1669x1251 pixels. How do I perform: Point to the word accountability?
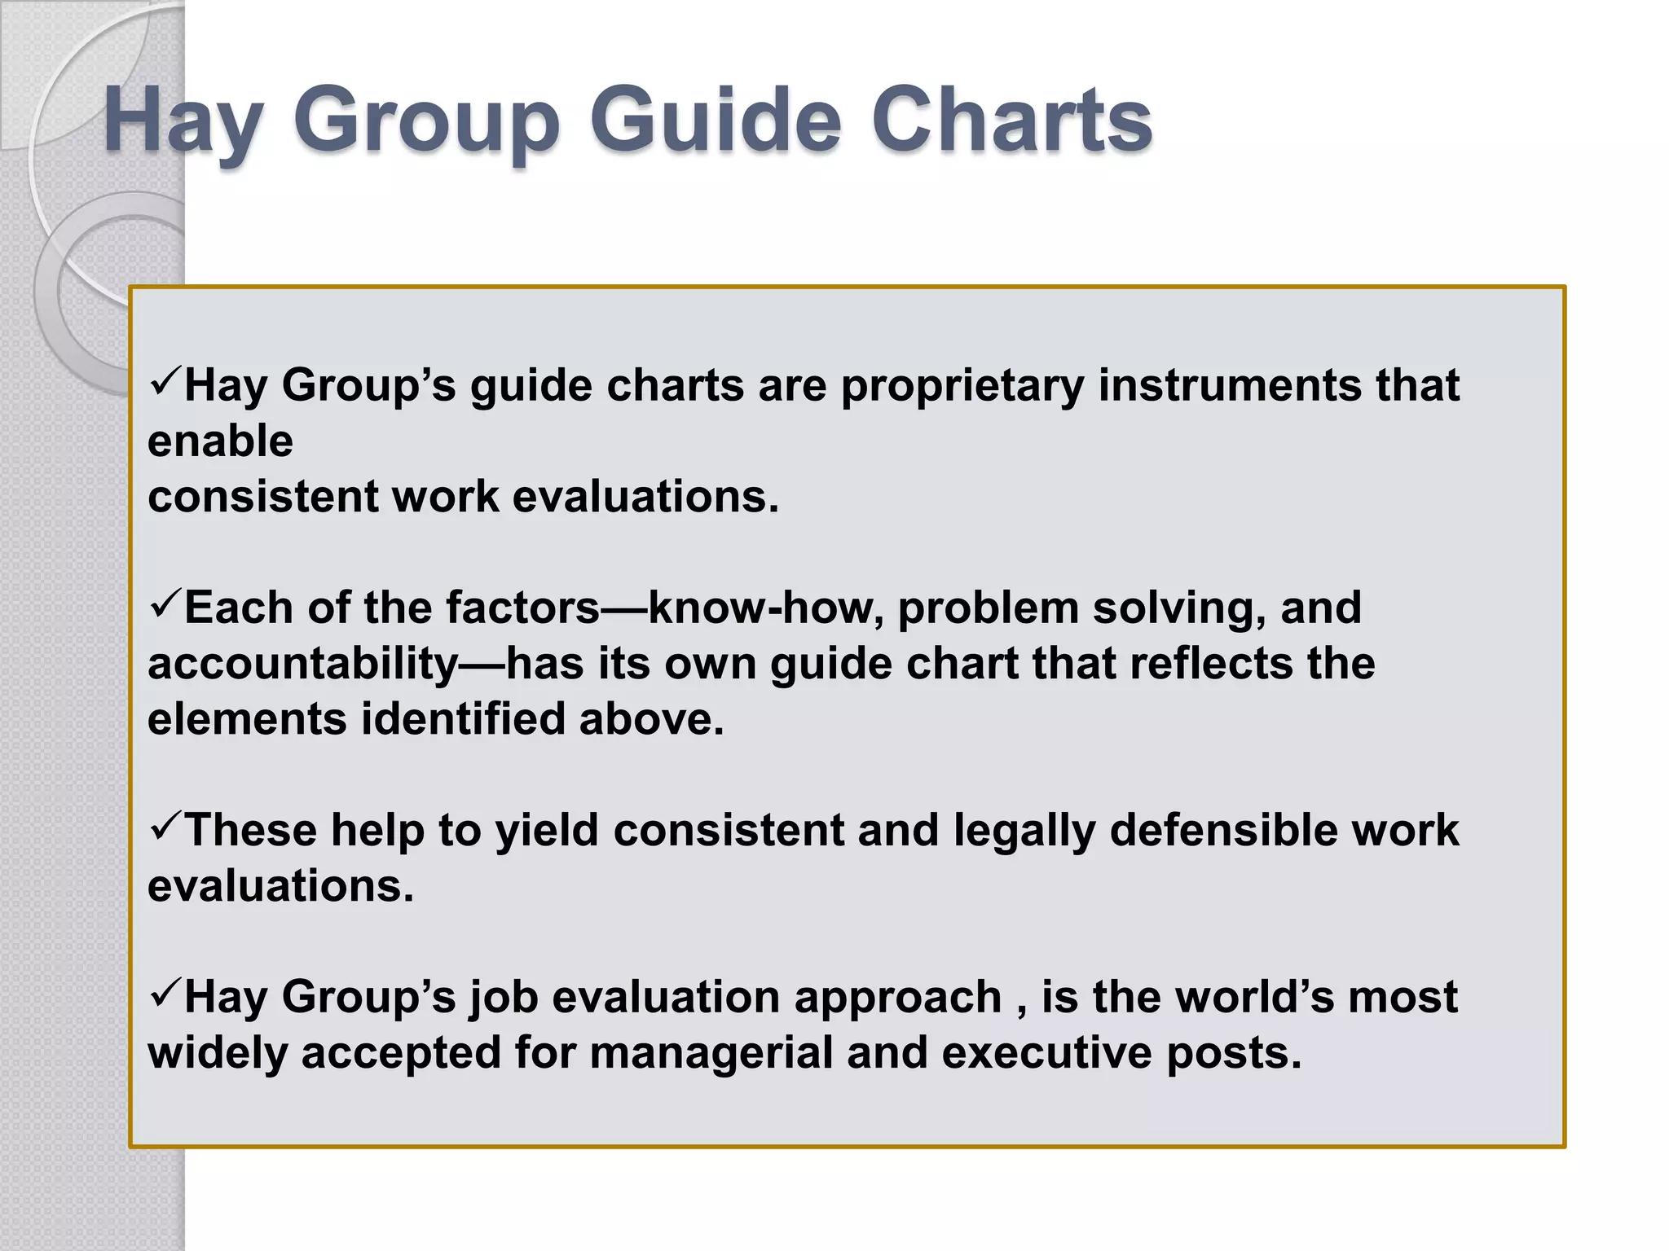coord(303,665)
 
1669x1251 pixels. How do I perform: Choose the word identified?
coord(463,719)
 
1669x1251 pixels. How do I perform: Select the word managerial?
coord(711,1053)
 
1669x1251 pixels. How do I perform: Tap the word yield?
coord(547,832)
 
